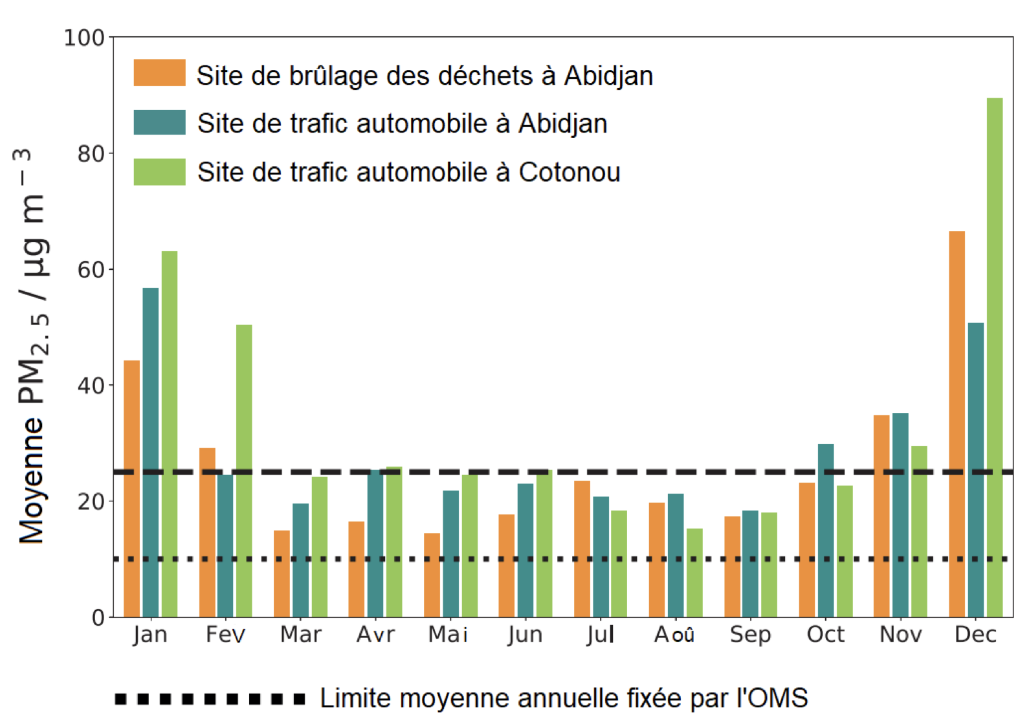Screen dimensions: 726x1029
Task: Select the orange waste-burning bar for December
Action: [957, 424]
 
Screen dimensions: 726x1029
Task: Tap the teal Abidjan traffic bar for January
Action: [150, 452]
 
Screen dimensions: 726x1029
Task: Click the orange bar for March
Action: [282, 573]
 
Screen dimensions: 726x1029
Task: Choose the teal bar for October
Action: [826, 530]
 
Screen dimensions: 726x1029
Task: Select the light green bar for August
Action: [694, 573]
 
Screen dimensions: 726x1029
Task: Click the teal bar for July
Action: [601, 556]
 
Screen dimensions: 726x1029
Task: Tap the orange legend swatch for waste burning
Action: [159, 73]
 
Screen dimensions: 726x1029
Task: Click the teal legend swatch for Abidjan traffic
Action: [159, 122]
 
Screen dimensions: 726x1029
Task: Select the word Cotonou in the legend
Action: [570, 172]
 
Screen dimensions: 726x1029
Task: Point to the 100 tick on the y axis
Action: [84, 38]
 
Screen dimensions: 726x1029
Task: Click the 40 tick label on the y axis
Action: [91, 386]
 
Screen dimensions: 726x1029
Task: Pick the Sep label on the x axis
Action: [750, 635]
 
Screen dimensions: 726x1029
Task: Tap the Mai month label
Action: [448, 635]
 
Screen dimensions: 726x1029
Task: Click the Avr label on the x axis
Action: [375, 635]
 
